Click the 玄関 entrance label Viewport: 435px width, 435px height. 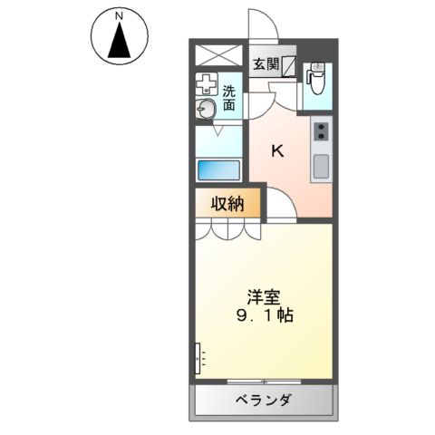click(266, 64)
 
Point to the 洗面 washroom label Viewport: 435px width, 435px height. click(229, 98)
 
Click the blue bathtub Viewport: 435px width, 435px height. click(218, 169)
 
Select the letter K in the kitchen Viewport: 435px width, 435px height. click(278, 151)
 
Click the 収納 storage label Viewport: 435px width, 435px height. click(228, 205)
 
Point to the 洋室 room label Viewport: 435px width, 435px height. click(263, 295)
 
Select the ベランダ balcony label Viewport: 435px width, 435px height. click(263, 400)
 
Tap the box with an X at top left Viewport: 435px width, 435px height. click(218, 53)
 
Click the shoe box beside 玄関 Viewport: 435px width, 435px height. click(289, 65)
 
